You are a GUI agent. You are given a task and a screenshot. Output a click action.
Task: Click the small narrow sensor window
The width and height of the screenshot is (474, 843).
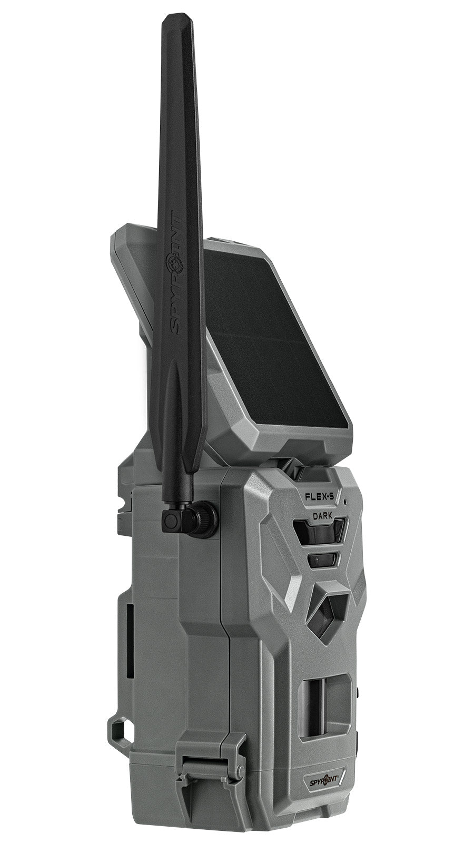click(322, 560)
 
